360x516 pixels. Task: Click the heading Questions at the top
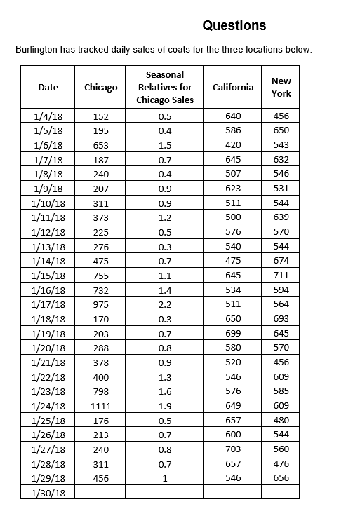point(234,26)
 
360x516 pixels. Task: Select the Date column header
point(48,87)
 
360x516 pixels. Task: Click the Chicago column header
point(100,87)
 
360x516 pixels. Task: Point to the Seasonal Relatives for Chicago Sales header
point(165,87)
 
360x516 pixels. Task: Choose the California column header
point(233,87)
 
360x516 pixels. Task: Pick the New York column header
point(281,87)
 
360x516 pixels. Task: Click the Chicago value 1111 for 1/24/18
point(100,406)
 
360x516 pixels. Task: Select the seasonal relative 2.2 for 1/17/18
point(165,304)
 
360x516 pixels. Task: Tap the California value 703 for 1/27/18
point(233,449)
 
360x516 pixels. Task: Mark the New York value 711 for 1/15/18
point(281,275)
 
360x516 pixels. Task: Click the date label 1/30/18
point(48,493)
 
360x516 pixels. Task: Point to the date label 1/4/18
point(48,116)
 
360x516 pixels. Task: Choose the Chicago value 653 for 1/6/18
point(100,145)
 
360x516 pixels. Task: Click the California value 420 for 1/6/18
point(233,145)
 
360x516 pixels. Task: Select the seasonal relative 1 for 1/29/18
point(165,478)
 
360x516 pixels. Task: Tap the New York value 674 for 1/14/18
point(281,261)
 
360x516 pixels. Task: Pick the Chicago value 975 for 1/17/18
point(100,304)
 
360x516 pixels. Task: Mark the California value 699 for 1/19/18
point(233,333)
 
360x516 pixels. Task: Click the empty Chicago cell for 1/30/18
point(100,493)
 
